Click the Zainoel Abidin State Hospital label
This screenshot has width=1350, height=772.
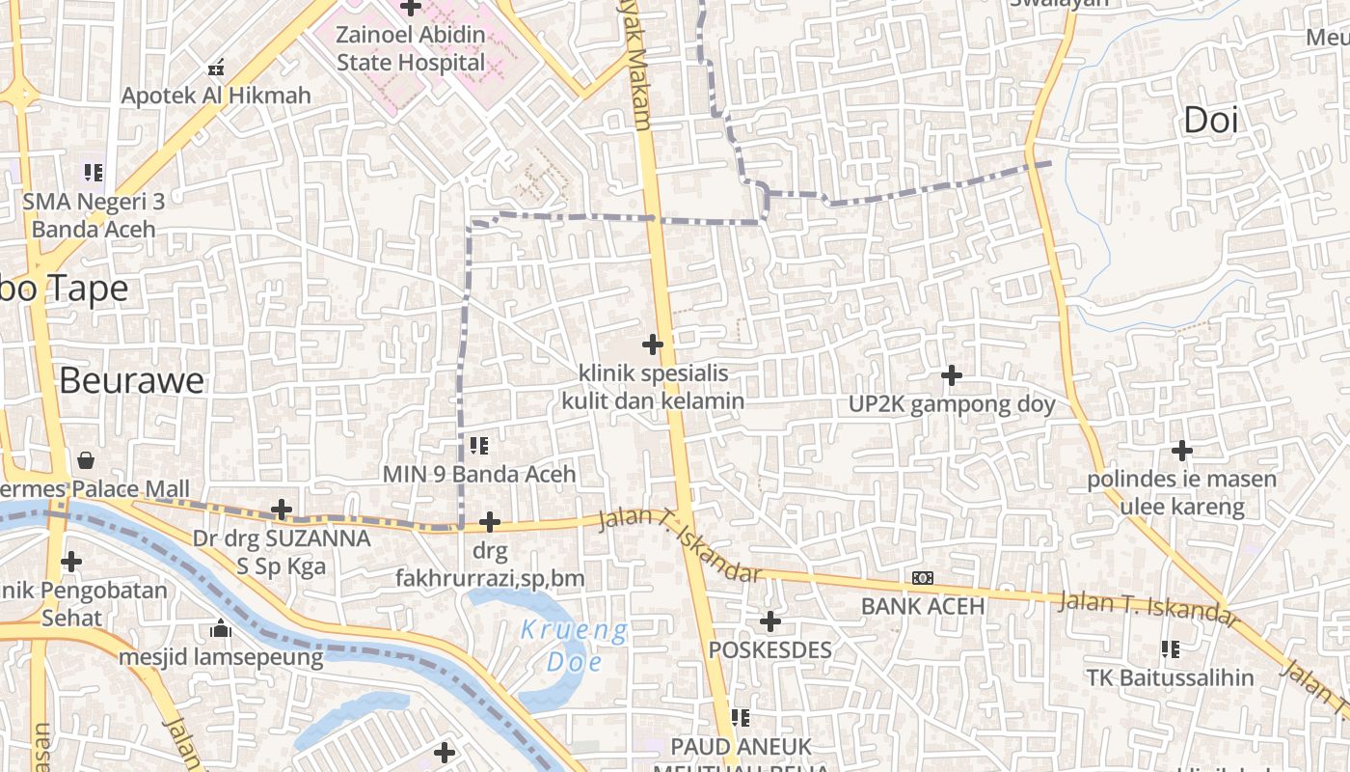pos(411,48)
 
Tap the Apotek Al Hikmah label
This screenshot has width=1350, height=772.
pos(216,95)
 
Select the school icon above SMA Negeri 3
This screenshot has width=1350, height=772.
pos(93,173)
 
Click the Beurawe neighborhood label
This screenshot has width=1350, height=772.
pos(131,380)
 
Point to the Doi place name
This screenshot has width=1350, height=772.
pos(1210,121)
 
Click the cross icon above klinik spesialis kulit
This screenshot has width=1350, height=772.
pos(653,344)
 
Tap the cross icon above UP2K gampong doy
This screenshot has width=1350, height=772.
pos(952,375)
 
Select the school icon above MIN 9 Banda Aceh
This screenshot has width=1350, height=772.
pos(479,445)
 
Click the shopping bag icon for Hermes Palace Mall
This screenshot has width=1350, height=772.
pos(87,459)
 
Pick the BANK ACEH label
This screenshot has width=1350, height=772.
pos(923,606)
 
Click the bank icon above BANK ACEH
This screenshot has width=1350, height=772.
pos(923,577)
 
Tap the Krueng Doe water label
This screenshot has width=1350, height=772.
pos(574,647)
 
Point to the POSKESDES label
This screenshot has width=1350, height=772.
pos(769,649)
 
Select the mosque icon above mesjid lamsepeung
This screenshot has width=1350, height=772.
pos(221,629)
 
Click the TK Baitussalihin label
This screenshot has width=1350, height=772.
pos(1171,677)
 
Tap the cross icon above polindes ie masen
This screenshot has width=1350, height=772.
pos(1181,450)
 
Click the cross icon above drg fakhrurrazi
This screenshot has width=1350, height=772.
pos(490,522)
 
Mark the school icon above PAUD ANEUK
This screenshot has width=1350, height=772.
pos(741,717)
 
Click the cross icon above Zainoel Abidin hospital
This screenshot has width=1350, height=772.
pos(411,8)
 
